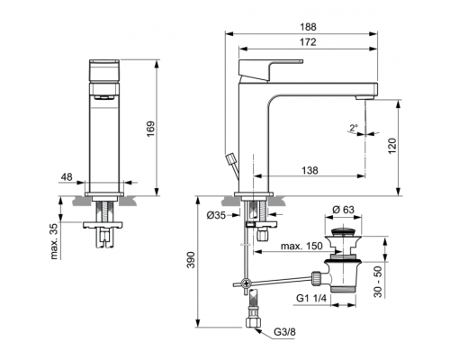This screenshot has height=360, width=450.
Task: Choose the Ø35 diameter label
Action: (216, 215)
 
